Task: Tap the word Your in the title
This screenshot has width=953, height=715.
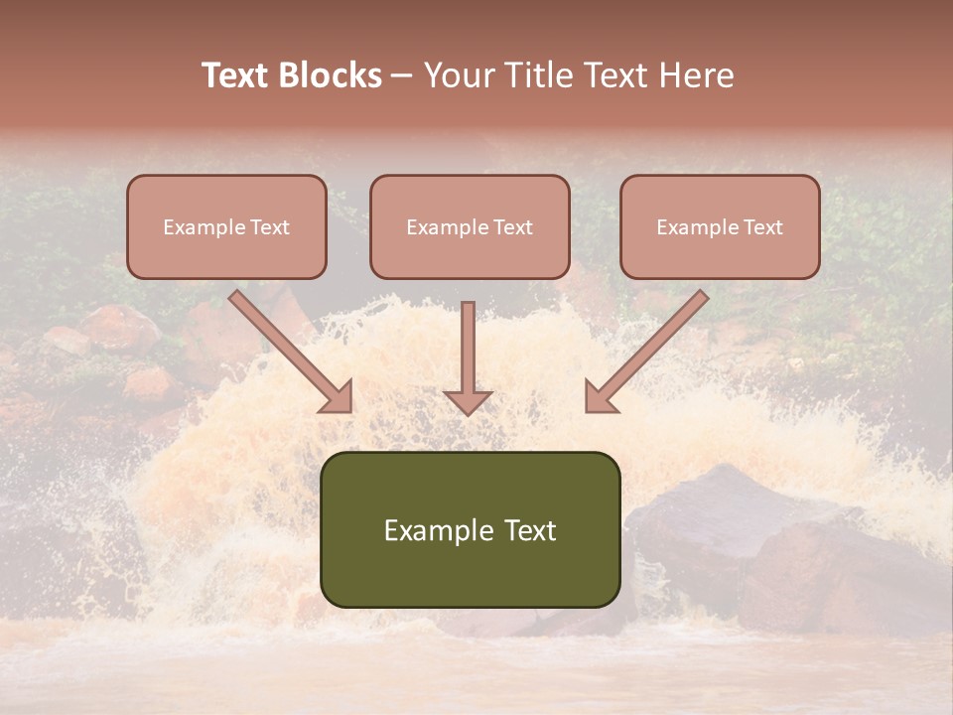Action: pyautogui.click(x=461, y=75)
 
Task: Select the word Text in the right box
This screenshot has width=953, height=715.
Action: pyautogui.click(x=763, y=227)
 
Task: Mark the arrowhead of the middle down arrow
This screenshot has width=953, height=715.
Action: pyautogui.click(x=468, y=401)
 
